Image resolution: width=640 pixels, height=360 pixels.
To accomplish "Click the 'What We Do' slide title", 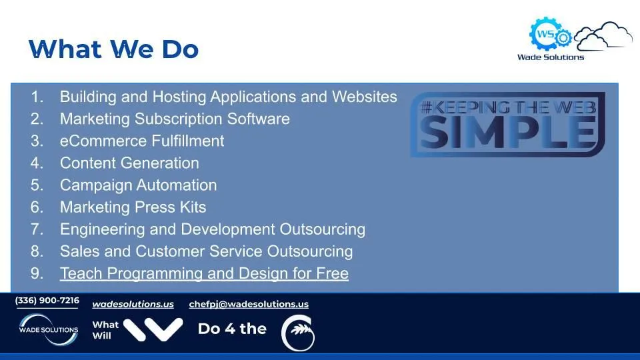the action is [x=113, y=49].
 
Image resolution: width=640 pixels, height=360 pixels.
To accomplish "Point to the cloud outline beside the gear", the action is [x=603, y=36].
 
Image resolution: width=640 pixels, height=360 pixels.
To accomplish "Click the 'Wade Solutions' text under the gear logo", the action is [x=551, y=57].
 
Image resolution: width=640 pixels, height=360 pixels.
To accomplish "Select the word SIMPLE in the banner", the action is [x=507, y=131].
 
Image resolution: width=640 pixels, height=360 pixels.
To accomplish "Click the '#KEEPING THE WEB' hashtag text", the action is [x=508, y=107].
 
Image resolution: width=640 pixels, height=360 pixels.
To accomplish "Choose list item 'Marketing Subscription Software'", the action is [x=175, y=119].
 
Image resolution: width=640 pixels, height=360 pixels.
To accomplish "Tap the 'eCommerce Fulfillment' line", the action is [x=142, y=141].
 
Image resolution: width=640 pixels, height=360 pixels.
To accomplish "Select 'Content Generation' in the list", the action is [x=129, y=163].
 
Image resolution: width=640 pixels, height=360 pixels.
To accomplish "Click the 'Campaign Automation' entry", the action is [x=139, y=185].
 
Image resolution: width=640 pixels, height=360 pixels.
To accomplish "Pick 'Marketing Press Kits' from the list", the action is [x=133, y=207].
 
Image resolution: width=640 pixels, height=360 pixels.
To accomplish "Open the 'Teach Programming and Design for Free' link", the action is [x=204, y=273].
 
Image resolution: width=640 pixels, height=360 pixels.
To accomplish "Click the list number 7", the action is [x=37, y=229].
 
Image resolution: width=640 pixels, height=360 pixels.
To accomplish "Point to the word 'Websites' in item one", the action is [x=364, y=97].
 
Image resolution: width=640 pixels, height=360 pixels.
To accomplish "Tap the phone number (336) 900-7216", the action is [x=47, y=301].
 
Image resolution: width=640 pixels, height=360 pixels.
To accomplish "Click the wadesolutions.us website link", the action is [x=133, y=304].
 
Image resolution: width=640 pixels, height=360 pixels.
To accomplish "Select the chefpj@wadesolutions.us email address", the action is [x=249, y=304].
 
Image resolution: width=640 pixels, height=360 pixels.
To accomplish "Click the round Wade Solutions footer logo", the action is [x=49, y=329].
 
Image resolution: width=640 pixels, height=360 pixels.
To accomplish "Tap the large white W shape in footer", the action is [x=153, y=329].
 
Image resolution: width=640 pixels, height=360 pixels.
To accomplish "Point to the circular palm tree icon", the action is [x=298, y=333].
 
